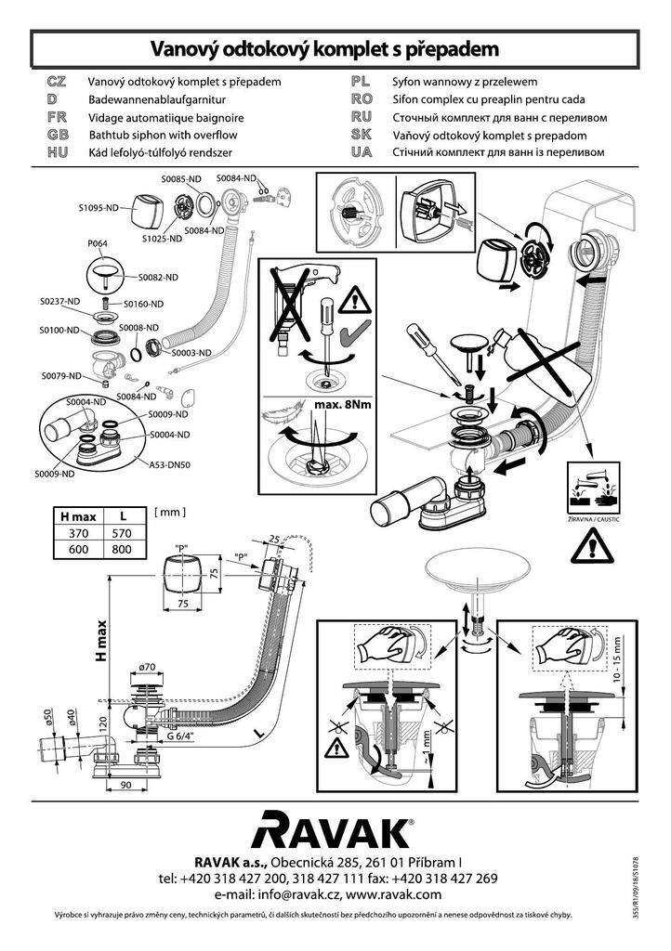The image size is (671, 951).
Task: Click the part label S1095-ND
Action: (x=98, y=207)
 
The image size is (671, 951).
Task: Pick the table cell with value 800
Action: (x=122, y=549)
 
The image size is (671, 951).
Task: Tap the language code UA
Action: (x=362, y=151)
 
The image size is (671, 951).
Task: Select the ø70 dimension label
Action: (x=146, y=667)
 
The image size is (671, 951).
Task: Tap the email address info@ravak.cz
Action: (x=288, y=894)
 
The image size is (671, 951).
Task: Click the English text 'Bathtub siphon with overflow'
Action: (x=164, y=135)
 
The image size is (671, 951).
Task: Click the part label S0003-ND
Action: (x=191, y=353)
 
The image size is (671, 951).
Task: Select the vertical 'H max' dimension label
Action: (x=101, y=641)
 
